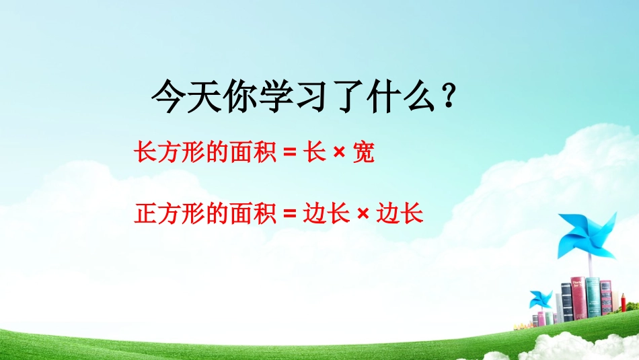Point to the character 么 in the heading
[422, 100]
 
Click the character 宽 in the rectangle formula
[363, 154]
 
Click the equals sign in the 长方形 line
[290, 155]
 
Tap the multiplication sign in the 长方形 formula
[339, 155]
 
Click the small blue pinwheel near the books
[541, 299]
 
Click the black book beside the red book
[566, 305]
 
